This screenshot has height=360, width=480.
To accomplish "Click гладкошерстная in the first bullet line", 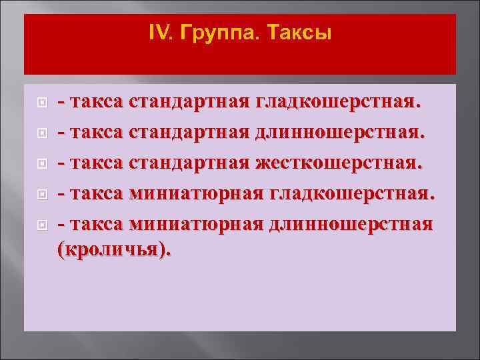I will click(339, 103).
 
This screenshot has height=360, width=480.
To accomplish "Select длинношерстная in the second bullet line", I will click(339, 133).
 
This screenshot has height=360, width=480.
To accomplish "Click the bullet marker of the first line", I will click(42, 104).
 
